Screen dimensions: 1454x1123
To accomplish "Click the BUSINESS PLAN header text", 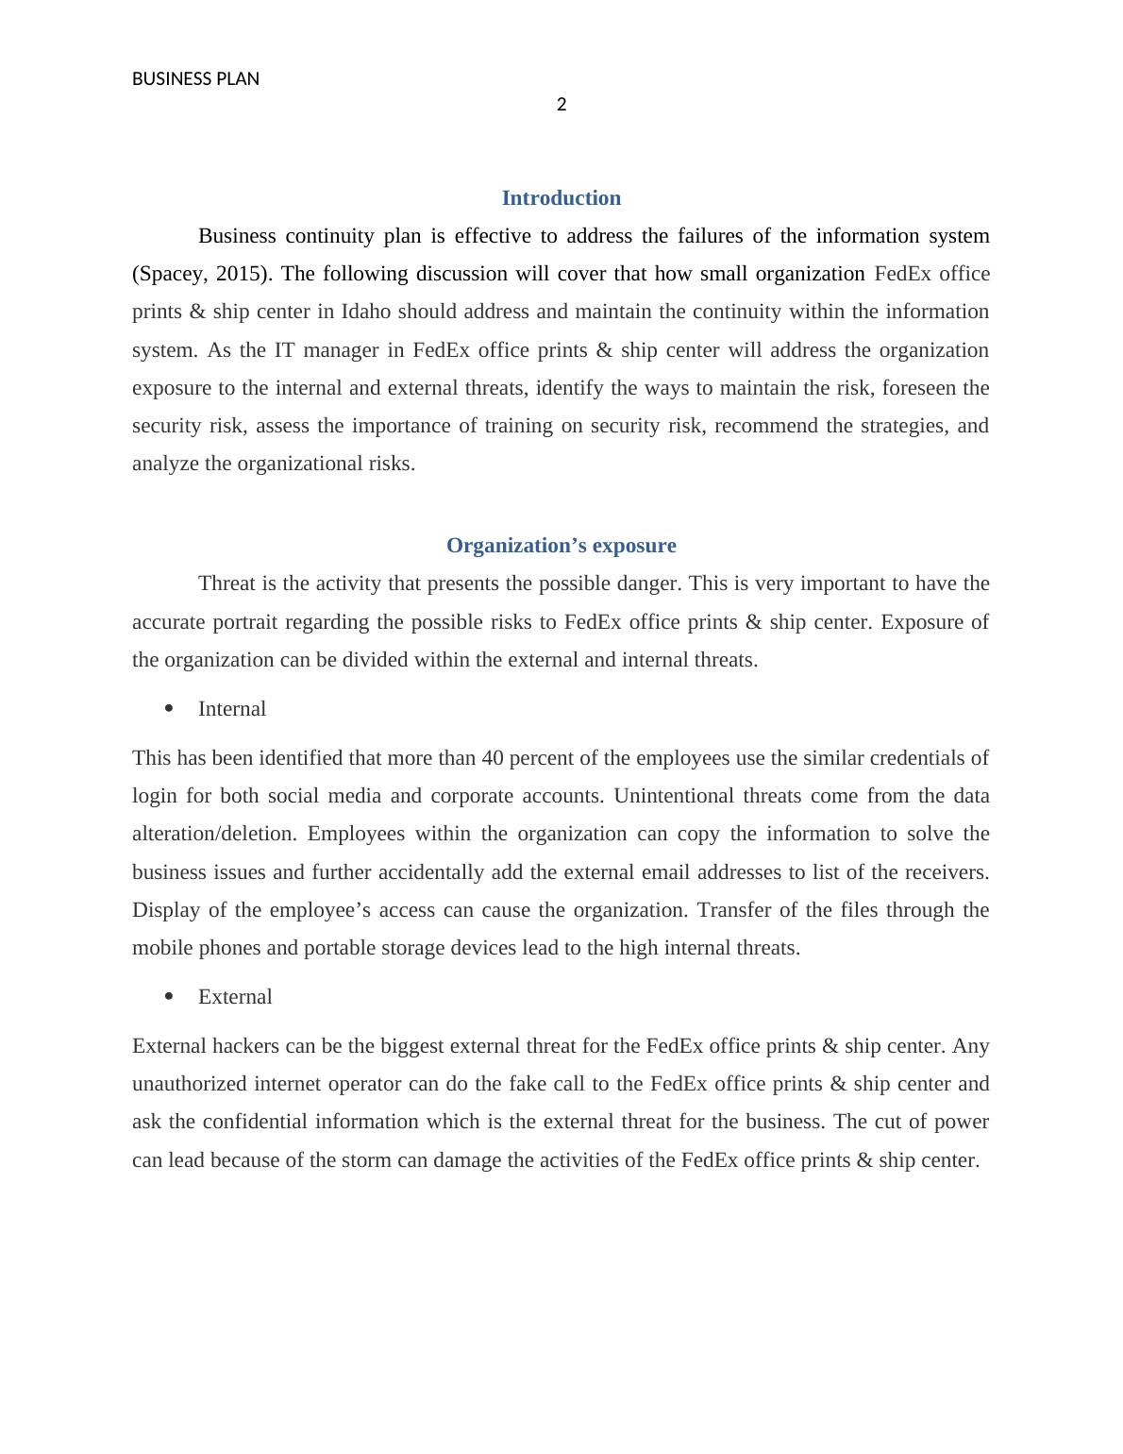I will [x=195, y=79].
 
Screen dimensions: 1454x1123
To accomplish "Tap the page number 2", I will [x=561, y=105].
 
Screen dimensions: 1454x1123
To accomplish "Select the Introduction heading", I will [x=561, y=198].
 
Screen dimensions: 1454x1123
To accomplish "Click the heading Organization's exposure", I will [x=561, y=546].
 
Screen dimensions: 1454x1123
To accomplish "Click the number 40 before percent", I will [x=494, y=758].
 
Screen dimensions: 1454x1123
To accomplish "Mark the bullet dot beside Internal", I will [x=169, y=708].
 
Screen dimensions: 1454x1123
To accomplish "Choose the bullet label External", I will [x=235, y=997].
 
